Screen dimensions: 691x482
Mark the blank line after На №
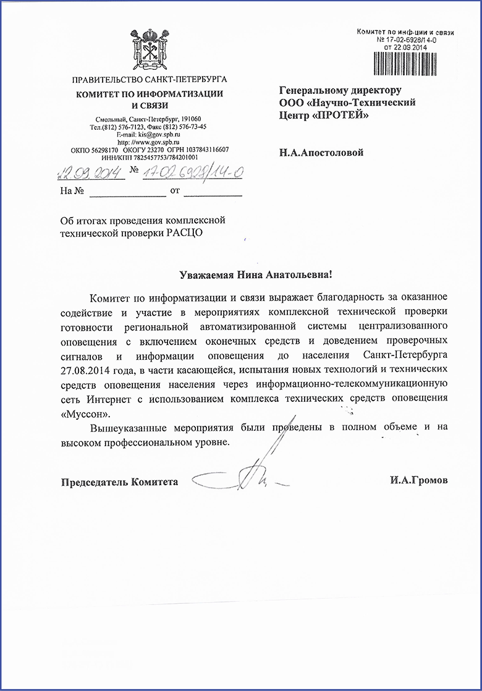pyautogui.click(x=128, y=193)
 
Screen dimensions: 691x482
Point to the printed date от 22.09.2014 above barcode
pyautogui.click(x=405, y=46)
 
